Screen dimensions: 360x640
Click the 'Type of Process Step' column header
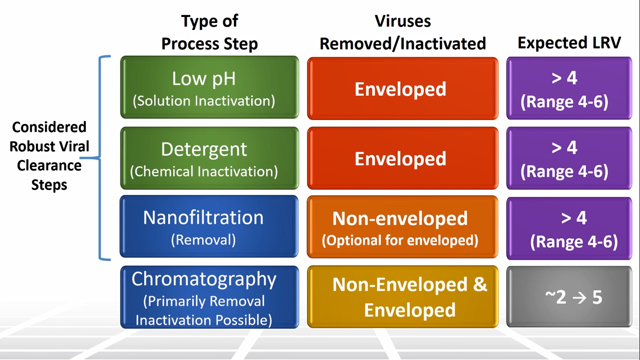(209, 32)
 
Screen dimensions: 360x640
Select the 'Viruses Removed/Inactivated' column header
(402, 32)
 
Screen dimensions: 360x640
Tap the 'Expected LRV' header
(569, 43)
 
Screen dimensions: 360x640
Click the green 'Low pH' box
(209, 87)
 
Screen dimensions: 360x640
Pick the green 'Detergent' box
(209, 158)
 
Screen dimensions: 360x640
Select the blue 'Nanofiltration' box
(209, 226)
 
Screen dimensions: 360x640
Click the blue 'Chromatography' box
(209, 297)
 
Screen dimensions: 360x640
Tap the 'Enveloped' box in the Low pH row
(402, 89)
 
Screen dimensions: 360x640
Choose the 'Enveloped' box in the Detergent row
(402, 158)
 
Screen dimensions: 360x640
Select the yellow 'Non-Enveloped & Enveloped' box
(402, 297)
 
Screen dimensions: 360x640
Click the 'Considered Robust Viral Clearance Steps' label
(49, 156)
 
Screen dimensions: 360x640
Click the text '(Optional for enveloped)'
(400, 240)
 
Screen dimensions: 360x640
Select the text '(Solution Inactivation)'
(204, 101)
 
